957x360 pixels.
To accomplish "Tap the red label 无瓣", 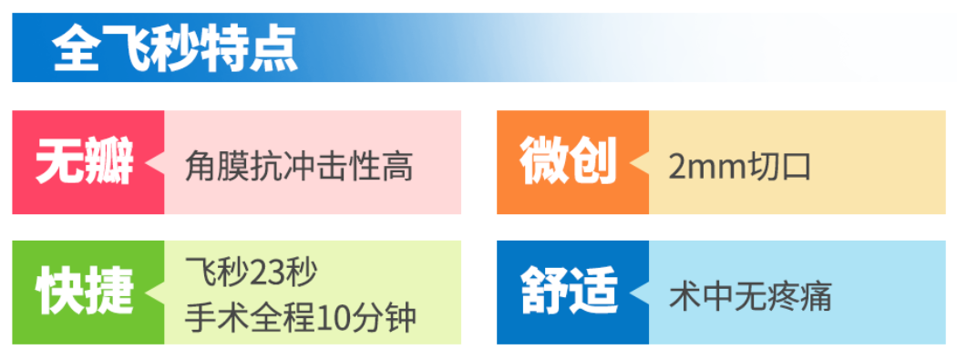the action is [x=84, y=162].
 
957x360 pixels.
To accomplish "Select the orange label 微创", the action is [x=569, y=162].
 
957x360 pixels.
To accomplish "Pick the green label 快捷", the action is [x=84, y=293].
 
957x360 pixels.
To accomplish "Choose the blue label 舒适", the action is [x=569, y=293].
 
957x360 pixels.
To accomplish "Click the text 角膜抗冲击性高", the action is [x=299, y=166].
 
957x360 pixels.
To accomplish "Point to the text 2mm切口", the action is [x=740, y=166].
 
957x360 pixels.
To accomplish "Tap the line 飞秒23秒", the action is [x=252, y=273].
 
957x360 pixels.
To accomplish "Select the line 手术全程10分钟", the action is [x=301, y=317].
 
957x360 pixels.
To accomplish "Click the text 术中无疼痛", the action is [x=751, y=297].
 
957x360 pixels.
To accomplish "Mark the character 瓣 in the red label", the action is [x=109, y=162].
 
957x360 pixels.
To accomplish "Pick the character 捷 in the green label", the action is [x=109, y=293].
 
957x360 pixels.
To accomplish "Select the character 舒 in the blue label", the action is [x=544, y=293].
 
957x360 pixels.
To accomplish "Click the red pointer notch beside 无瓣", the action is [x=156, y=163].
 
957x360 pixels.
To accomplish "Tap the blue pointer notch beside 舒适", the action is [x=641, y=293].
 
